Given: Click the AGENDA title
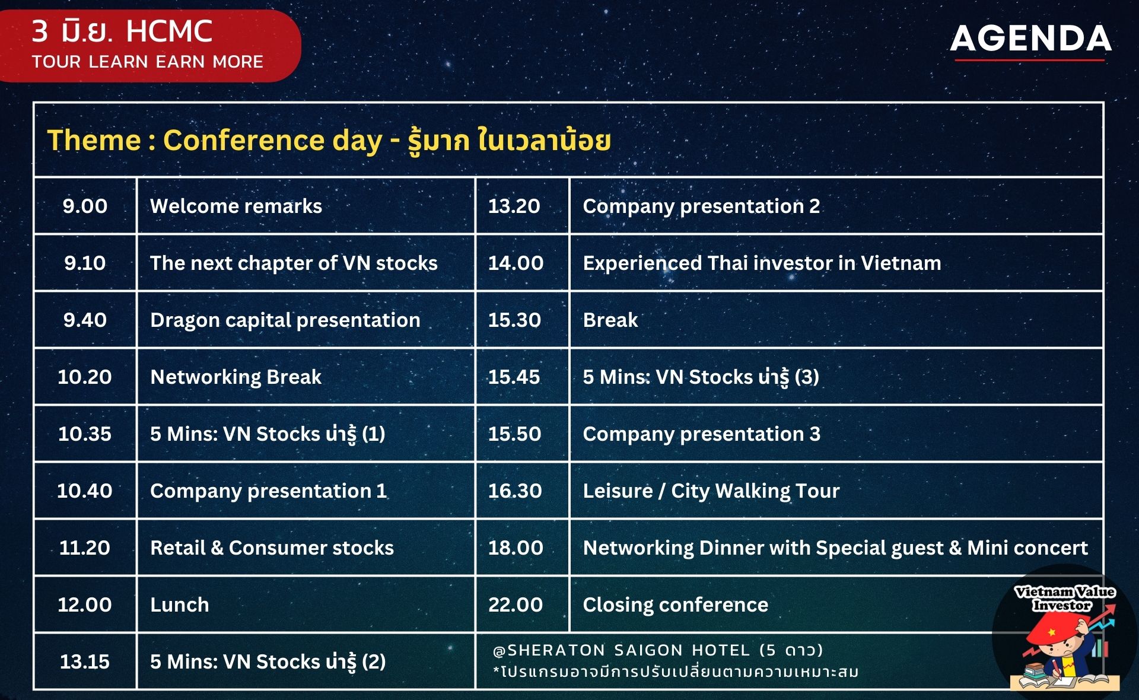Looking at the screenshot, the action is pyautogui.click(x=1031, y=39).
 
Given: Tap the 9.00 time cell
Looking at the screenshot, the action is pyautogui.click(x=85, y=206).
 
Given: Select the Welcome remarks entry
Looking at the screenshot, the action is pyautogui.click(x=236, y=206).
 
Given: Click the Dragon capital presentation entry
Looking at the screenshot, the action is pyautogui.click(x=285, y=320).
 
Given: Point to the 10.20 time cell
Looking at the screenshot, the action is pyautogui.click(x=85, y=377).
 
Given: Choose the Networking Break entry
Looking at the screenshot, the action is pyautogui.click(x=236, y=377).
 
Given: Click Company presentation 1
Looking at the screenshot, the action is pyautogui.click(x=268, y=491).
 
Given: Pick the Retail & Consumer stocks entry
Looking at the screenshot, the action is pyautogui.click(x=272, y=548).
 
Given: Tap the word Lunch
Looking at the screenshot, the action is pyautogui.click(x=180, y=604).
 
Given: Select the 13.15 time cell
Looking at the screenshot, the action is pyautogui.click(x=85, y=661).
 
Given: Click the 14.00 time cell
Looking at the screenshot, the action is pyautogui.click(x=516, y=263).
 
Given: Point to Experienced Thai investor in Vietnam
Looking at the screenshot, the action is pyautogui.click(x=762, y=263).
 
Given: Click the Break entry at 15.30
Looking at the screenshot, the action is pyautogui.click(x=610, y=320).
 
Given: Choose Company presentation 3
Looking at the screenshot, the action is pyautogui.click(x=701, y=434).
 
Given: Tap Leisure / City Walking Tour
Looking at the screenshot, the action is pyautogui.click(x=711, y=491).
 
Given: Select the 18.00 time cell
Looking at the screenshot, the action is pyautogui.click(x=516, y=548).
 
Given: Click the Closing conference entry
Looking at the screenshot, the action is pyautogui.click(x=675, y=604).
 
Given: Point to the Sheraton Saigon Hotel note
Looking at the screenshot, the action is pyautogui.click(x=658, y=651).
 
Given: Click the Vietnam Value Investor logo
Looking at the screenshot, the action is pyautogui.click(x=1065, y=632).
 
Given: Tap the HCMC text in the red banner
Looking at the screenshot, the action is pyautogui.click(x=169, y=31).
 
